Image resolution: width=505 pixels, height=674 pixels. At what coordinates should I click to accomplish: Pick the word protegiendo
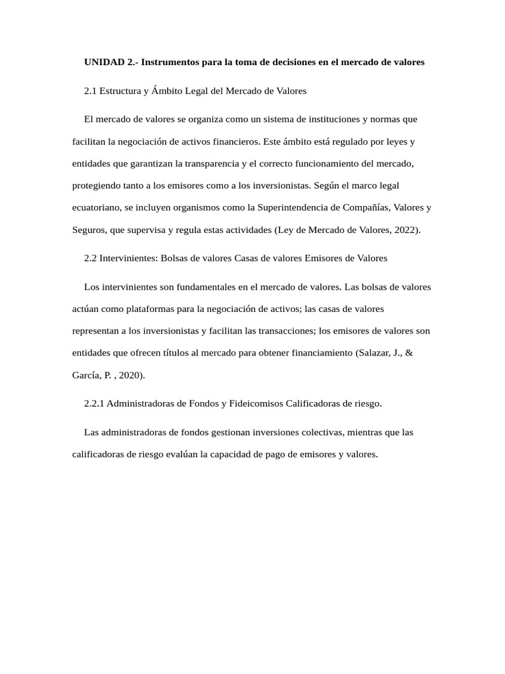pos(95,186)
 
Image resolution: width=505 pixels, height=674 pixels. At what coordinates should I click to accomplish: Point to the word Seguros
pos(89,230)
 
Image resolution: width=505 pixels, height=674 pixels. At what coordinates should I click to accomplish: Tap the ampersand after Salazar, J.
pos(409,353)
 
